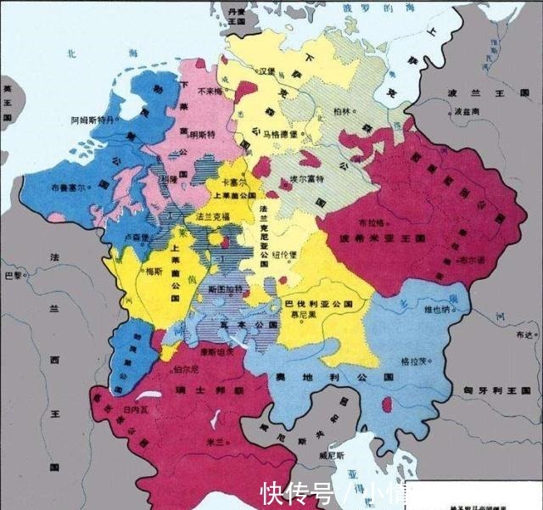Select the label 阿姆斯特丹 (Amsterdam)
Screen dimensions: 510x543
pos(91,120)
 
